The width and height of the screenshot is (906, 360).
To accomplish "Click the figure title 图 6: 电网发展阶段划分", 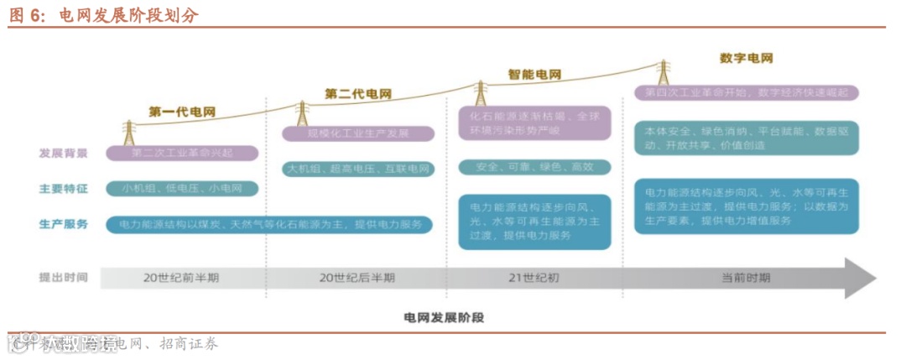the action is (104, 15).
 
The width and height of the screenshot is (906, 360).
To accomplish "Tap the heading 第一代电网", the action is (182, 112).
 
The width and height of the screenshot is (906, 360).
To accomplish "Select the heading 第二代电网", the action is (358, 94).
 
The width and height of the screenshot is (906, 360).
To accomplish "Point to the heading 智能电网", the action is (535, 74).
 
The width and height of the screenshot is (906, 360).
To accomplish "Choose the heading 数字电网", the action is (746, 59).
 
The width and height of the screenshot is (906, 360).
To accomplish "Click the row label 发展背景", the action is (64, 154).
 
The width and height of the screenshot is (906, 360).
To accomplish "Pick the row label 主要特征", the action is (64, 189).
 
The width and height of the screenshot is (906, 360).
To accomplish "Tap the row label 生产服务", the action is (64, 224).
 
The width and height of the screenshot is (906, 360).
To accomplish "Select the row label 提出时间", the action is (64, 277).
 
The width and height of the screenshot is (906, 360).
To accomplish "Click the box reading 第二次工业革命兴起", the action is (181, 154).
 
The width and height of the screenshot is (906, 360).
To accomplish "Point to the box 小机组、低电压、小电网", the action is (181, 189).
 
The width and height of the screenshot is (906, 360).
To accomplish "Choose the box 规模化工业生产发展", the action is (358, 133).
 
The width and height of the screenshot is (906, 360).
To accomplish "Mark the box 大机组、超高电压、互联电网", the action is (358, 169).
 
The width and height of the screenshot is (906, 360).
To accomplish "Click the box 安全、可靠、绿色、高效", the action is (534, 167).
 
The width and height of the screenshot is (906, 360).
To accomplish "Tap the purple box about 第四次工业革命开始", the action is (747, 92).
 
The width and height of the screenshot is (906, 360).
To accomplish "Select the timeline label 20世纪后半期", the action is (357, 278).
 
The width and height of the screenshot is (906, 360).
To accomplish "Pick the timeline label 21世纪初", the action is (534, 278).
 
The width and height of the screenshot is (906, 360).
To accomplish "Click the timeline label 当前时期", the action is (746, 278).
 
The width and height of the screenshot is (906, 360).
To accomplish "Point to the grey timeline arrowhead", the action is (859, 278).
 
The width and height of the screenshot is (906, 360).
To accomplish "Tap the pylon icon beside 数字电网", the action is (663, 72).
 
